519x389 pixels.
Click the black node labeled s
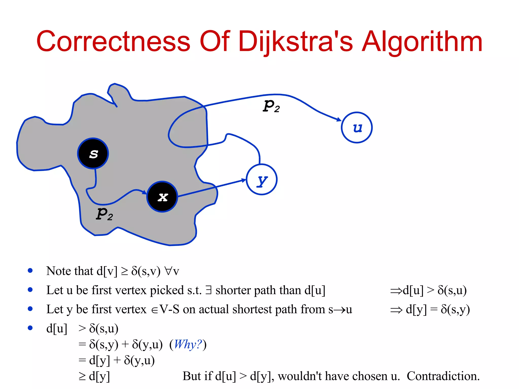pos(93,153)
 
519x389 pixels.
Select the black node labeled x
pos(162,197)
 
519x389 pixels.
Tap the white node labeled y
pos(262,180)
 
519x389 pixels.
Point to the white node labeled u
pos(357,128)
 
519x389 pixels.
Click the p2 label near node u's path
pos(271,106)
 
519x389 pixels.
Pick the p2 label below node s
pos(104,214)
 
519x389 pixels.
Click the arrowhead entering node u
pos(339,119)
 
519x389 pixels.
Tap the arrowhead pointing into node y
pos(244,180)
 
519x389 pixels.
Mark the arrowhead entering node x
pos(144,192)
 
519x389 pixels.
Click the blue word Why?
pos(188,344)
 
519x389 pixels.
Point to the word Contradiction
pos(443,376)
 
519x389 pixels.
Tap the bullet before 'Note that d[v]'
pos(30,270)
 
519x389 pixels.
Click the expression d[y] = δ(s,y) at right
pos(438,309)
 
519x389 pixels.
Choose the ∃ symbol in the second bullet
pos(208,290)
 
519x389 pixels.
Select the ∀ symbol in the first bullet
pos(168,271)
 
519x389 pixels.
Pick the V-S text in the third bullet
pos(169,309)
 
